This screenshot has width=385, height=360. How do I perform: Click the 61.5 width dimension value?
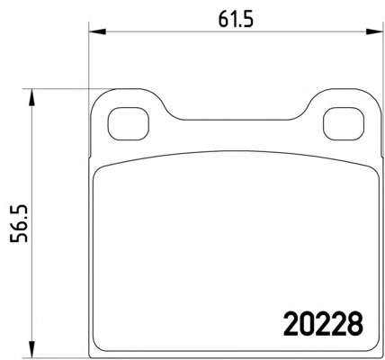pos(236,21)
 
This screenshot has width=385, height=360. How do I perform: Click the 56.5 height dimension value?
pos(19,224)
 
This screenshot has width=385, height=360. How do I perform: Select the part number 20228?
pos(323,324)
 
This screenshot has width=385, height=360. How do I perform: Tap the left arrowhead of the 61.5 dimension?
pos(97,31)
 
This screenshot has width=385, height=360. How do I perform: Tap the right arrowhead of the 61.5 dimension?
pos(375,31)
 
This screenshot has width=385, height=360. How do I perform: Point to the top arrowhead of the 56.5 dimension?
pos(31,97)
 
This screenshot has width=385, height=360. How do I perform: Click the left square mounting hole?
pos(129,123)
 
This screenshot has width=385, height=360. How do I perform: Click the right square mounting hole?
pos(344,123)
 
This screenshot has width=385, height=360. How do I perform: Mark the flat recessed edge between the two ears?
pos(236,120)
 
